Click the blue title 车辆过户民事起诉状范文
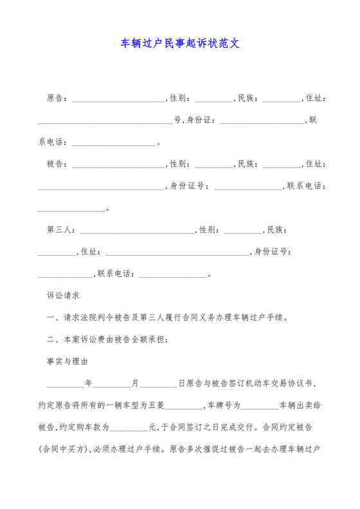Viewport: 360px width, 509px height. click(180, 44)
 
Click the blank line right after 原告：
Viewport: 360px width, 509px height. click(118, 99)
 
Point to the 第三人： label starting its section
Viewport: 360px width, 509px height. click(62, 230)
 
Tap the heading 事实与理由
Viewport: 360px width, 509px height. click(67, 362)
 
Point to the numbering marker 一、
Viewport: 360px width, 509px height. click(53, 318)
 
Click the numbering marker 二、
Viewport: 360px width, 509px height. click(53, 340)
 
